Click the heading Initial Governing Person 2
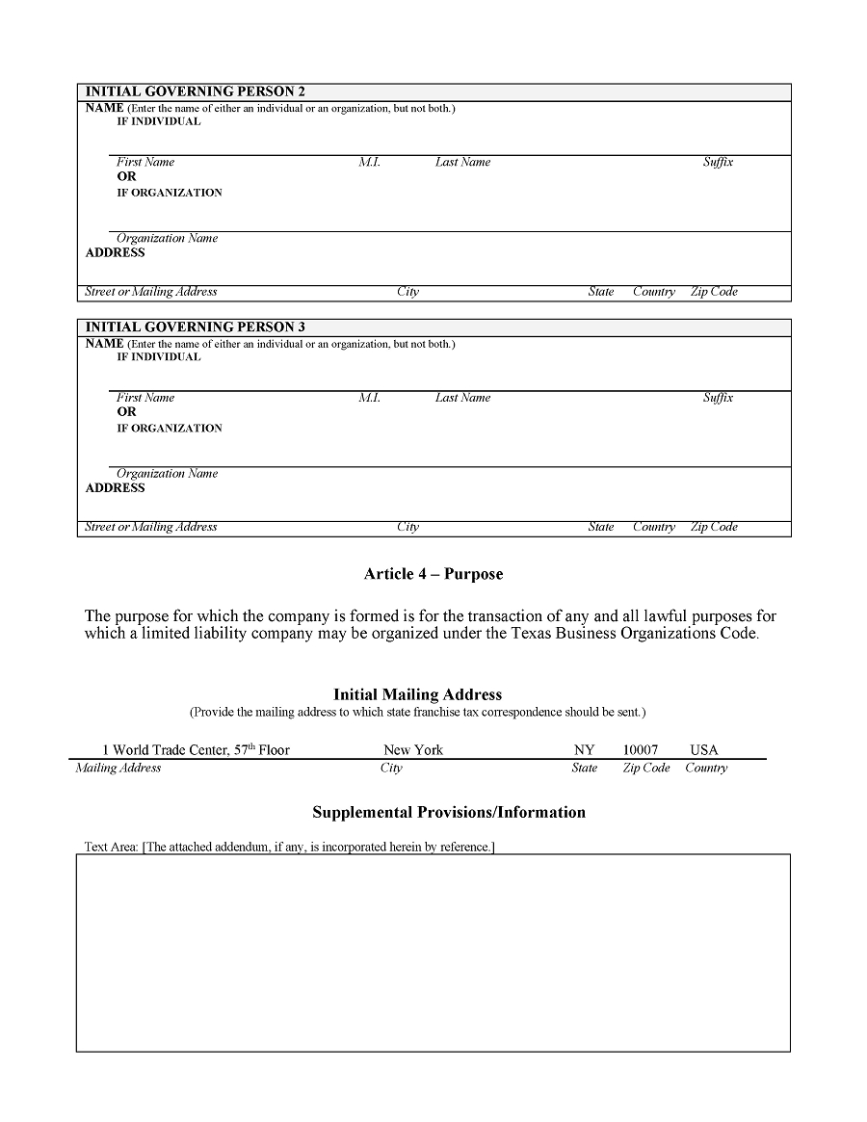[196, 91]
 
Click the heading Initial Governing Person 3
[196, 327]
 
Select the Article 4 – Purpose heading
[433, 574]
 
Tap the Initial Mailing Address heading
[417, 694]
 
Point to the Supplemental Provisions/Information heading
[449, 812]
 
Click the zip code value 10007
[641, 749]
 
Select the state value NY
[585, 749]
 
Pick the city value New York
[413, 749]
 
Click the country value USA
[704, 749]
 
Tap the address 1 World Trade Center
[196, 749]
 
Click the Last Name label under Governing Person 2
[462, 162]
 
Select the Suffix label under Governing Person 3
[718, 398]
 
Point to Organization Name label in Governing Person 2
[168, 238]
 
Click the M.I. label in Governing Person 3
[370, 398]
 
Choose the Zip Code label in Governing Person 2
[714, 292]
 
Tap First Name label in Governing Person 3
[145, 398]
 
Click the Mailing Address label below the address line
[118, 768]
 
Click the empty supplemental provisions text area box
[433, 952]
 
